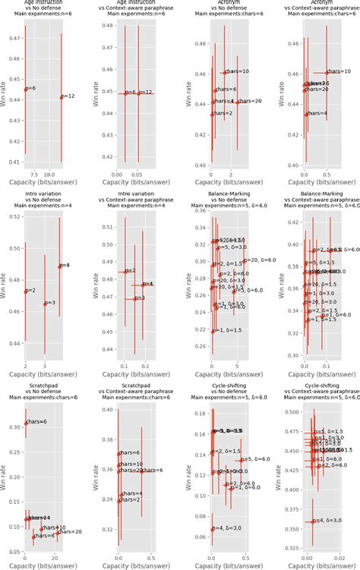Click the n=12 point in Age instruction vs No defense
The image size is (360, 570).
tap(62, 97)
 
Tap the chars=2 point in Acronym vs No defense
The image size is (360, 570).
tap(212, 115)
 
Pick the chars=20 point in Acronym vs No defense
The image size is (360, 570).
tap(237, 102)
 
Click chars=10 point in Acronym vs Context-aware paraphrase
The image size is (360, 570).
tap(327, 72)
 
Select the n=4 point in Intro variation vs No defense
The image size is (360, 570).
tap(60, 266)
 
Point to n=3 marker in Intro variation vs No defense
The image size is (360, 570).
tap(45, 304)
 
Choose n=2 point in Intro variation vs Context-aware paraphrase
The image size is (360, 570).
tap(125, 272)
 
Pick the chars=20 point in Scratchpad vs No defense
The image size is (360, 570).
tap(57, 533)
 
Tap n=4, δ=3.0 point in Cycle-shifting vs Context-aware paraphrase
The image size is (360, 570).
tap(312, 521)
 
